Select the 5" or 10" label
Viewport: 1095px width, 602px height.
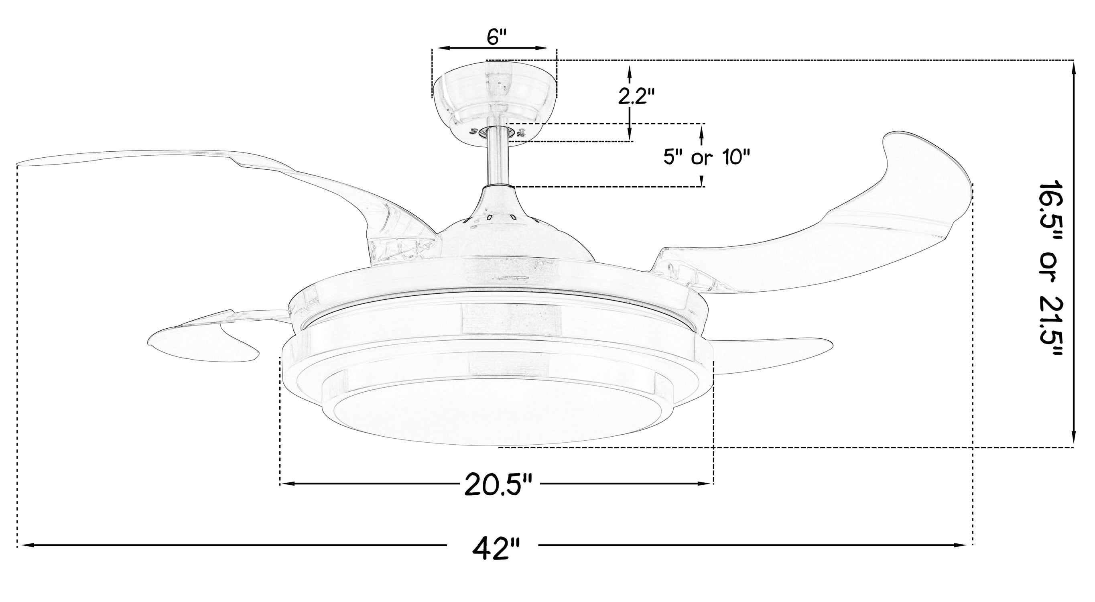706,158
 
